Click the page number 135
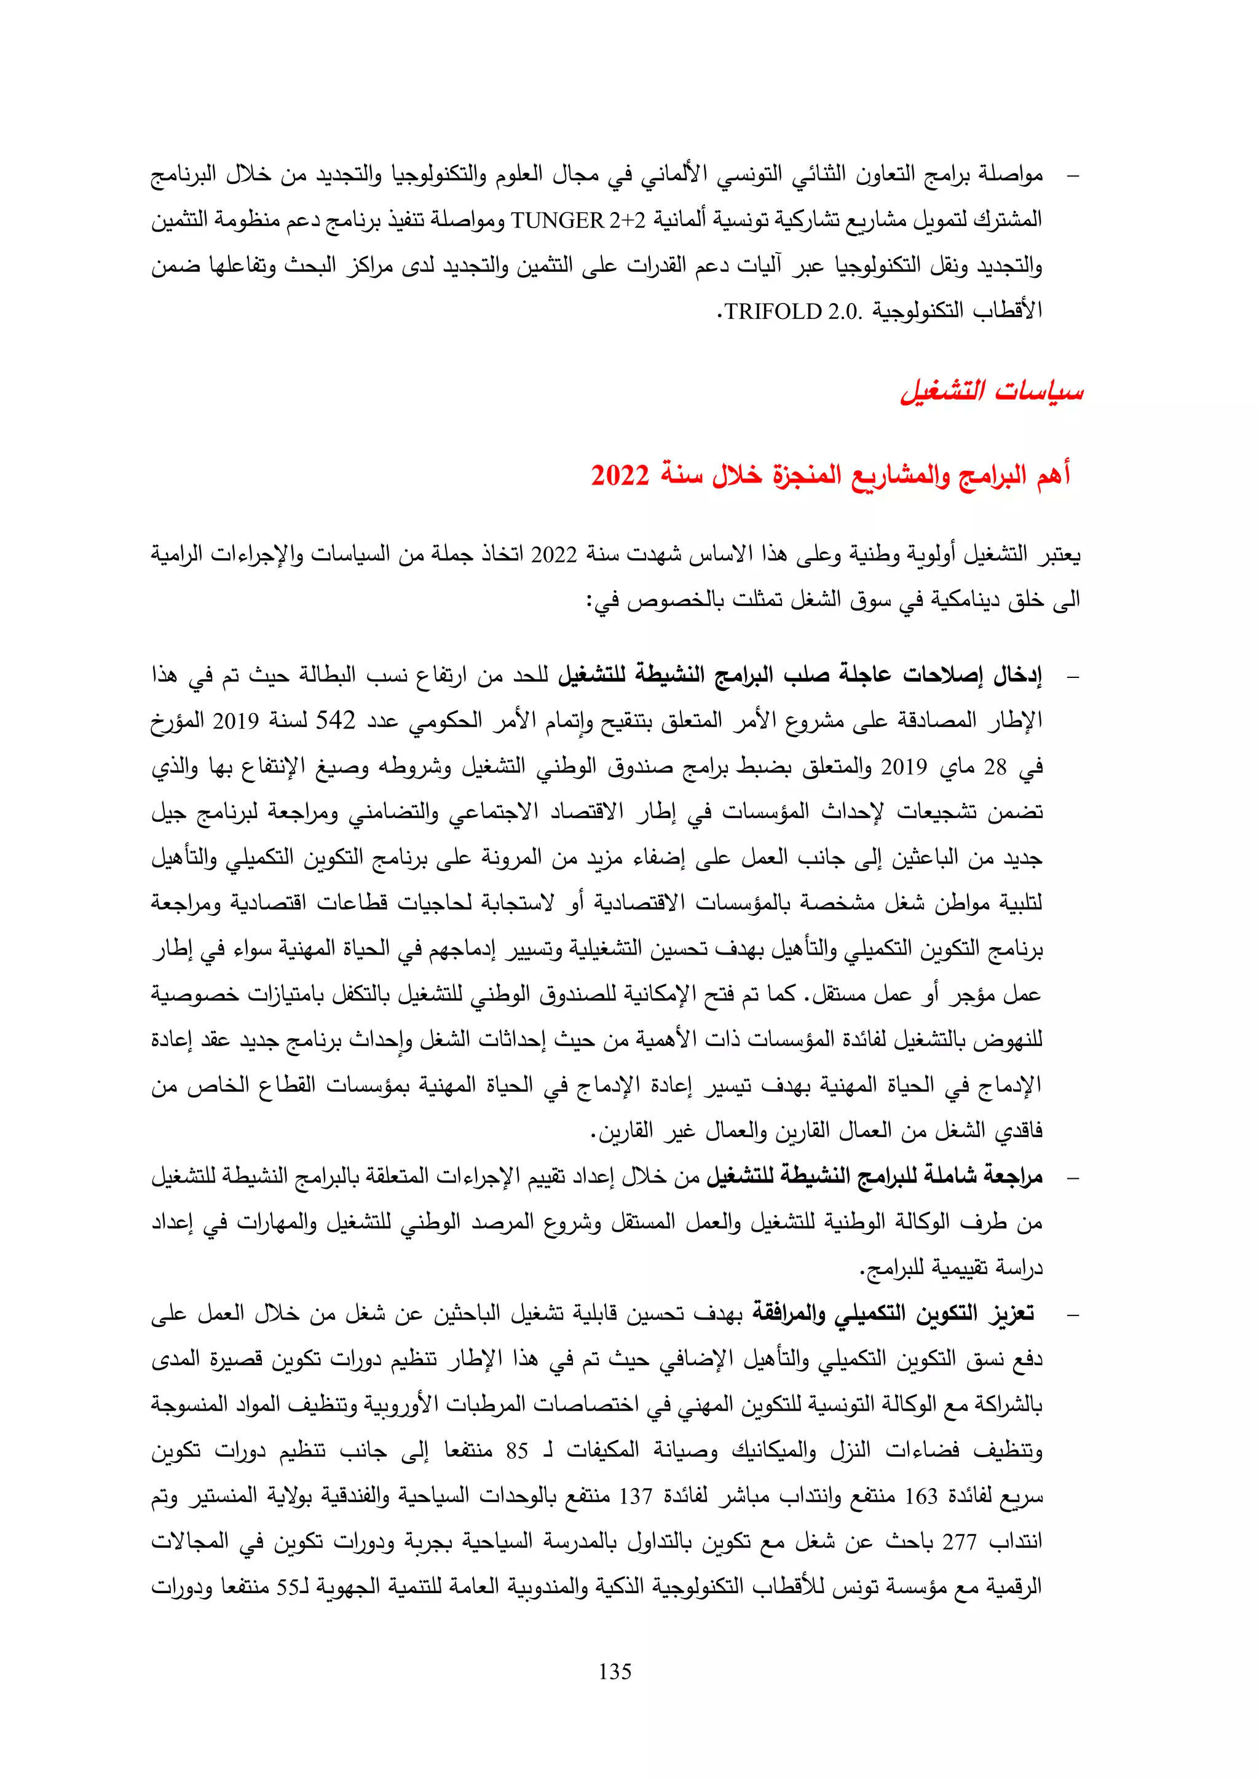coord(615,1671)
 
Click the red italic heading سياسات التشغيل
coord(992,391)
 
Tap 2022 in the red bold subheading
coord(620,475)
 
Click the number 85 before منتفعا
coord(517,1450)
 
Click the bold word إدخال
coord(1016,675)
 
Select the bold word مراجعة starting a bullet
coord(1013,1176)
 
